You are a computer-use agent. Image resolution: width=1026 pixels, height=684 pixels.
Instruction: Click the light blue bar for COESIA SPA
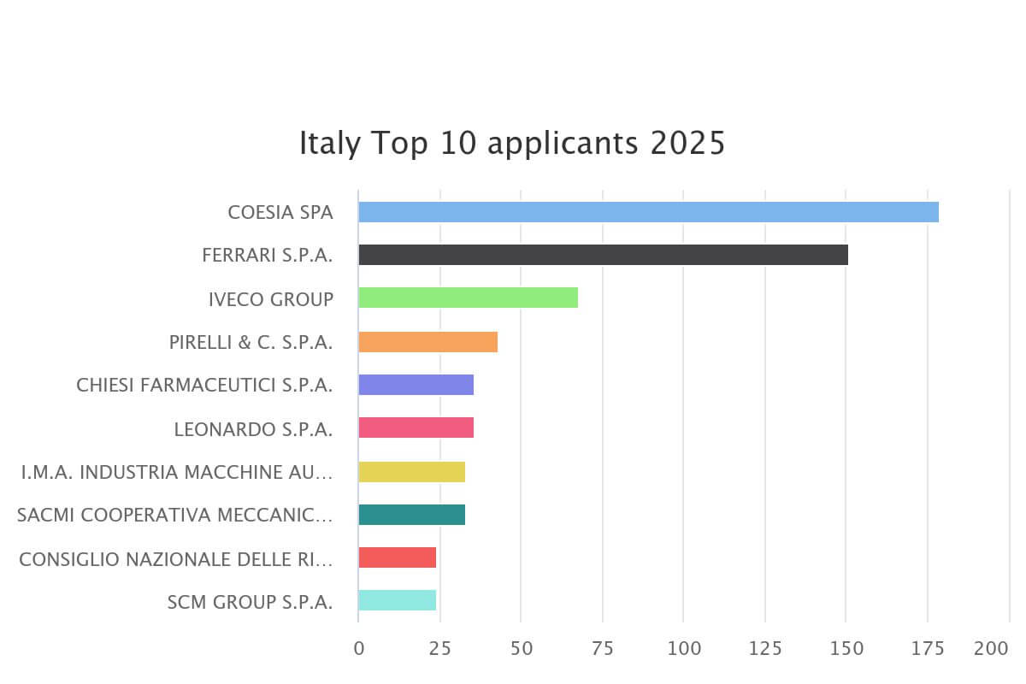pyautogui.click(x=648, y=212)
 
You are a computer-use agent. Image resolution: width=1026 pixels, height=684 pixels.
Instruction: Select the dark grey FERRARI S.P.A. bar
pyautogui.click(x=603, y=255)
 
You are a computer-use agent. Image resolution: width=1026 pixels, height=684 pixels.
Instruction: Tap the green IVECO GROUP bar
pyautogui.click(x=468, y=298)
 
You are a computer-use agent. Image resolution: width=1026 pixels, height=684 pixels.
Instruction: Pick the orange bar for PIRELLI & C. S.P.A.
pyautogui.click(x=427, y=342)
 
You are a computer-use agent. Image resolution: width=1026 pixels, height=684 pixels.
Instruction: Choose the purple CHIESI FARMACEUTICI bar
pyautogui.click(x=416, y=385)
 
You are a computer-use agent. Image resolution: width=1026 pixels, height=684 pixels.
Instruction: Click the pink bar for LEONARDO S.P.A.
pyautogui.click(x=416, y=427)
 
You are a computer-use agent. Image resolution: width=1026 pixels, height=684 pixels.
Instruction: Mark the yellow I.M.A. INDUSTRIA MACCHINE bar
pyautogui.click(x=411, y=472)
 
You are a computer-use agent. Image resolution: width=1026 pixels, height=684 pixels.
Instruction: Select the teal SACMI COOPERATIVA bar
pyautogui.click(x=411, y=515)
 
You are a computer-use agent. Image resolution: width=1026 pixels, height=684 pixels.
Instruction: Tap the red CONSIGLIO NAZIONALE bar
pyautogui.click(x=397, y=557)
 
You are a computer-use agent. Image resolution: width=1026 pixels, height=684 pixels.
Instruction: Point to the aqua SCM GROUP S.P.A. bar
pyautogui.click(x=397, y=600)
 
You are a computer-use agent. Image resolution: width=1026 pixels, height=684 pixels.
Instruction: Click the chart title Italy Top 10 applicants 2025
pyautogui.click(x=511, y=143)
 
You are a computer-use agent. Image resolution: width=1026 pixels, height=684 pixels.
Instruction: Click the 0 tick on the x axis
pyautogui.click(x=359, y=649)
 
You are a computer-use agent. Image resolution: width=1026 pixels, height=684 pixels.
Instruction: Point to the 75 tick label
pyautogui.click(x=603, y=649)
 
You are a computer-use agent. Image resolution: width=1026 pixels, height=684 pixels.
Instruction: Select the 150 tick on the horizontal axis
pyautogui.click(x=846, y=649)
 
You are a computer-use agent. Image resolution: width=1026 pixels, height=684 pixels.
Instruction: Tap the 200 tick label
pyautogui.click(x=992, y=649)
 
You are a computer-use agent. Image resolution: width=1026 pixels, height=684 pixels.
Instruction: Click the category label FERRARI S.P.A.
pyautogui.click(x=268, y=255)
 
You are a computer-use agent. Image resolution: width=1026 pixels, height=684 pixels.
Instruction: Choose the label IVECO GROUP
pyautogui.click(x=271, y=299)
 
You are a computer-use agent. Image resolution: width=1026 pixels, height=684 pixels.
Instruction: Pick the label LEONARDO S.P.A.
pyautogui.click(x=253, y=429)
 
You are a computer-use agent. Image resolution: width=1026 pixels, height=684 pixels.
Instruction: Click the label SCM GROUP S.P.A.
pyautogui.click(x=251, y=602)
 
